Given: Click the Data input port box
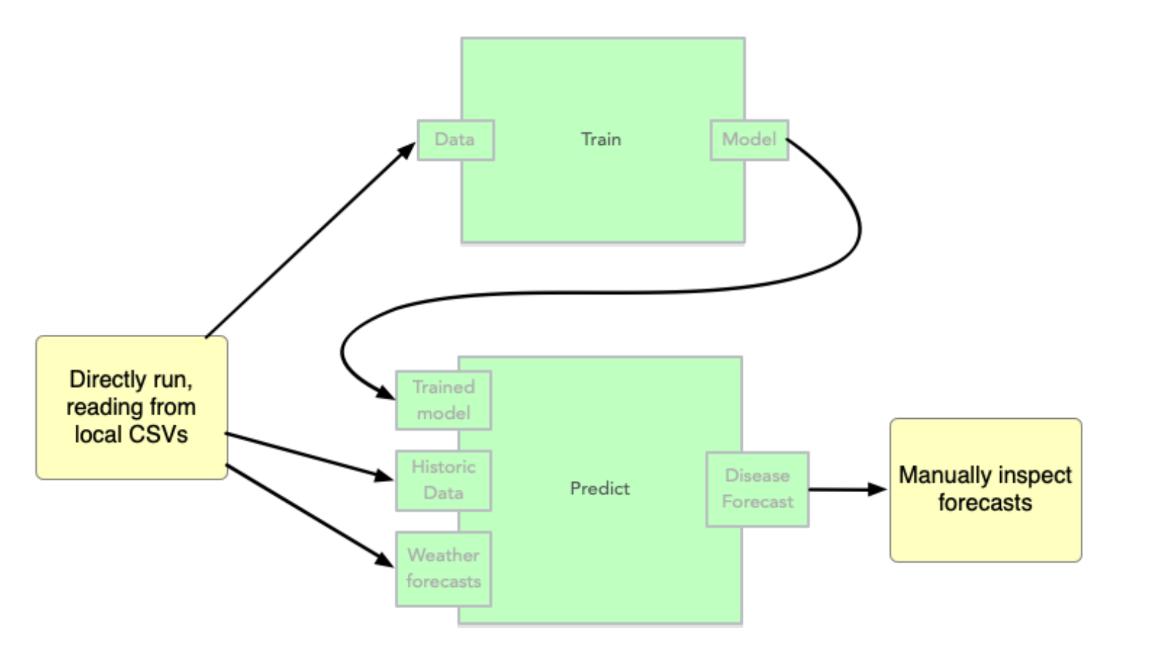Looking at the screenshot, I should (x=455, y=140).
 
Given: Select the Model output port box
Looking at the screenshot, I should (x=749, y=140).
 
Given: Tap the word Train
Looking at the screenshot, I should (x=601, y=139).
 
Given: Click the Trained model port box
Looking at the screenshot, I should (x=443, y=400).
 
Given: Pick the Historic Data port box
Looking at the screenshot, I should (x=443, y=480).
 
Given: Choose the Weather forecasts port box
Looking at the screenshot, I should (x=443, y=568).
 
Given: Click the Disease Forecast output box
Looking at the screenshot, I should (x=757, y=489).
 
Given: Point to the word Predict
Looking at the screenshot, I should (x=600, y=489).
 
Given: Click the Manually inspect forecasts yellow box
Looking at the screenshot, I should (x=985, y=490).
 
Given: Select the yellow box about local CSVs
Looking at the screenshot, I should (x=131, y=407).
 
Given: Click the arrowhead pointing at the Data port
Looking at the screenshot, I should (x=408, y=150).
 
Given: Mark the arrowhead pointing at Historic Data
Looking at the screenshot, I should (x=383, y=476).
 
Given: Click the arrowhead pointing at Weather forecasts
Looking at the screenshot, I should (x=384, y=560).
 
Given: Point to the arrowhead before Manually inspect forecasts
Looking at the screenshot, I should (x=877, y=490).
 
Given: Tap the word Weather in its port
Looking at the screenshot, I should (x=443, y=555).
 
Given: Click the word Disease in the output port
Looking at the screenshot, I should (x=757, y=476).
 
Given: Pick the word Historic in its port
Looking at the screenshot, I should (x=443, y=467).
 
